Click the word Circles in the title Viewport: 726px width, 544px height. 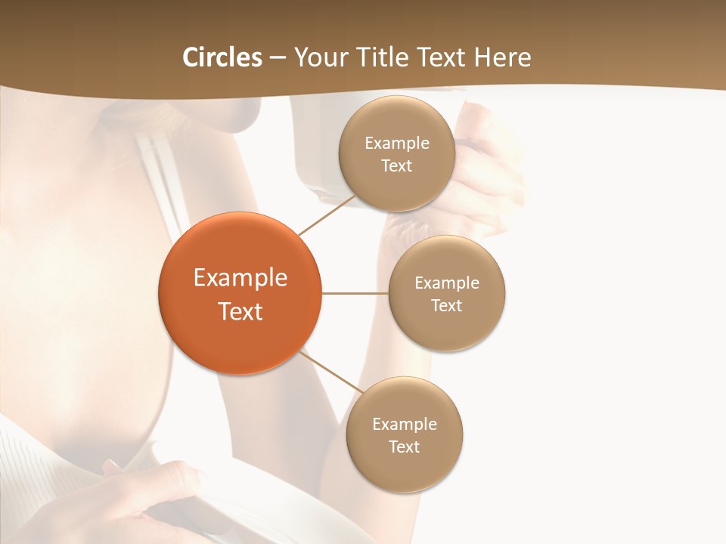point(222,57)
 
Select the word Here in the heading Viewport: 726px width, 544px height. point(503,57)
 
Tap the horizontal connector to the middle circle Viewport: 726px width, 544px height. point(355,293)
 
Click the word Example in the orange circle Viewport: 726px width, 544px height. point(240,278)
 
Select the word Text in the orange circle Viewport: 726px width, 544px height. point(240,311)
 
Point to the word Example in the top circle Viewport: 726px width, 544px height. point(397,144)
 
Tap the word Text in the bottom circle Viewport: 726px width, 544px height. point(405,447)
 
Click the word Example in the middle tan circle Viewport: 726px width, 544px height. point(447,283)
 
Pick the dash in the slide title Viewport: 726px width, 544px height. point(278,57)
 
